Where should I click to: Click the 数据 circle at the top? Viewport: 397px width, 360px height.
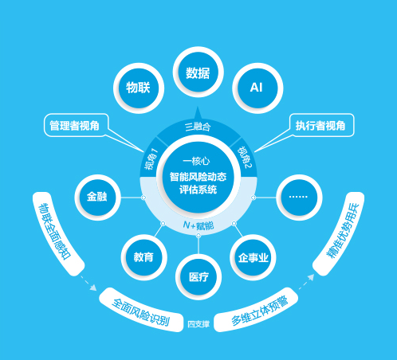coord(198,72)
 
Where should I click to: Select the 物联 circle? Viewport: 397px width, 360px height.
coord(139,88)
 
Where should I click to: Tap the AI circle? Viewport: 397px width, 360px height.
coord(257,88)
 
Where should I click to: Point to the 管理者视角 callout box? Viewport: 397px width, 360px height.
coord(76,125)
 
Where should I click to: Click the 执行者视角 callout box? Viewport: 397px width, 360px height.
coord(321,125)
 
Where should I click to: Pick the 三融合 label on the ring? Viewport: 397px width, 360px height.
coord(198,127)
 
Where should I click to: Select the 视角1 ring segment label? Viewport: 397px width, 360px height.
coord(151,159)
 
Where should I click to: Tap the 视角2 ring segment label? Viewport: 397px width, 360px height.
coord(245,158)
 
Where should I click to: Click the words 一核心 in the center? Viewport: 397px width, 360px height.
coord(196,161)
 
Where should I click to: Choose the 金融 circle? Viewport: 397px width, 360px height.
coord(97,198)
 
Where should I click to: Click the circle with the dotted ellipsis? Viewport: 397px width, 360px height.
coord(299,198)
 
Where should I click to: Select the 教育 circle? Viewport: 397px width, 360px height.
coord(143,257)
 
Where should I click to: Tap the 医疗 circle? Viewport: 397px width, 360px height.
coord(198,277)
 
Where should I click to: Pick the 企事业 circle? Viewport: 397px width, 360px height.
coord(253,257)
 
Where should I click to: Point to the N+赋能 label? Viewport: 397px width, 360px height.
coord(198,225)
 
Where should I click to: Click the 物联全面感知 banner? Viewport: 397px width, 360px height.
coord(57,233)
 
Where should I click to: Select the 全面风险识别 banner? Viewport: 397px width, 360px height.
coord(141,311)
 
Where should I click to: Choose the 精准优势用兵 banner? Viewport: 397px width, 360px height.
coord(340,233)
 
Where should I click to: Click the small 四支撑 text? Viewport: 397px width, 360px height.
coord(198,324)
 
